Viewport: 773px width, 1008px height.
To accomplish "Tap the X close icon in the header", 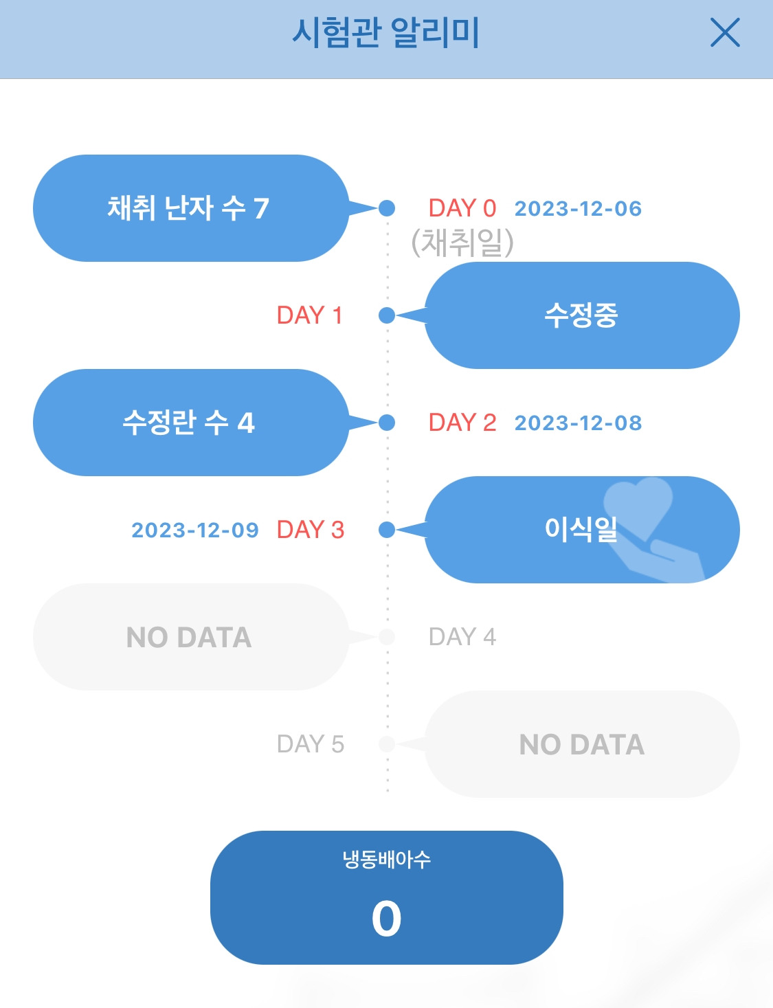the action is point(724,33).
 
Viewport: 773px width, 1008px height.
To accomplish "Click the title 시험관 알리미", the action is point(385,33).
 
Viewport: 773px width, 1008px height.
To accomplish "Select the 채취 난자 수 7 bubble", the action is point(189,208).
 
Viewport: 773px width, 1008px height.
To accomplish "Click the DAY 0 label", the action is point(462,208).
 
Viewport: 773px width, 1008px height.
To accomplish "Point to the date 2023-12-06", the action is point(578,209).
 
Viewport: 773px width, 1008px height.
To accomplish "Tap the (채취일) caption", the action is point(462,242).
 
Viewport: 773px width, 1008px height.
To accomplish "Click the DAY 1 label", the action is point(309,315).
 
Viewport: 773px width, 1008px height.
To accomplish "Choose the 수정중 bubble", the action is point(581,315).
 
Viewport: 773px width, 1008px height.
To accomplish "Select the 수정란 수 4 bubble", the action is point(189,423).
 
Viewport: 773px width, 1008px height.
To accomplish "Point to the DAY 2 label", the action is point(462,423).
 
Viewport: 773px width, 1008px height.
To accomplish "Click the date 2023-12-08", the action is point(578,423).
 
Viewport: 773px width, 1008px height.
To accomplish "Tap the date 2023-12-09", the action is point(195,530).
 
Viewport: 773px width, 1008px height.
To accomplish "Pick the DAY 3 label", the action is point(310,530).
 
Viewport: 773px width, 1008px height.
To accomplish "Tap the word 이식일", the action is point(581,529).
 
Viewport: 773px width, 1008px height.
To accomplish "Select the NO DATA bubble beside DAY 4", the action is point(189,637).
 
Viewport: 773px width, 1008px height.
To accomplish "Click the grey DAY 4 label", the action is point(462,637).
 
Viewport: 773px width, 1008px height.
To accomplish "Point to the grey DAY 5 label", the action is point(310,744).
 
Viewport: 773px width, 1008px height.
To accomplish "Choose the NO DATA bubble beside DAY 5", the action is point(581,744).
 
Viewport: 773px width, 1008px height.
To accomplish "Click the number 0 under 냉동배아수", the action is point(386,919).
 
